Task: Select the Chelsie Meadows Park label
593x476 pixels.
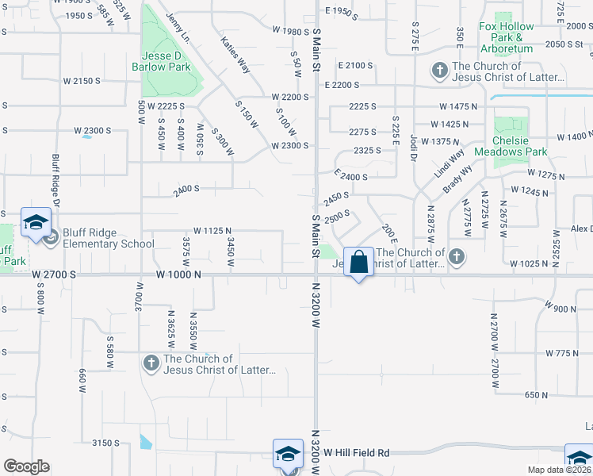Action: tap(521, 151)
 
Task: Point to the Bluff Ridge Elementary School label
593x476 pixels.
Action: tap(103, 238)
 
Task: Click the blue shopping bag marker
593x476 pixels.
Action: tap(359, 261)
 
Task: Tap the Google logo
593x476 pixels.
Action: tap(26, 466)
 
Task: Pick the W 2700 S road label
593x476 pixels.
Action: tap(55, 274)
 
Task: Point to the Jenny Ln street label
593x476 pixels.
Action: tap(179, 27)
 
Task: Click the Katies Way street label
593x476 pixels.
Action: tap(235, 55)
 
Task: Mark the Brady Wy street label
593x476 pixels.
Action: tap(457, 184)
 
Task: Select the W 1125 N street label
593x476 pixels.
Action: tap(212, 230)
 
